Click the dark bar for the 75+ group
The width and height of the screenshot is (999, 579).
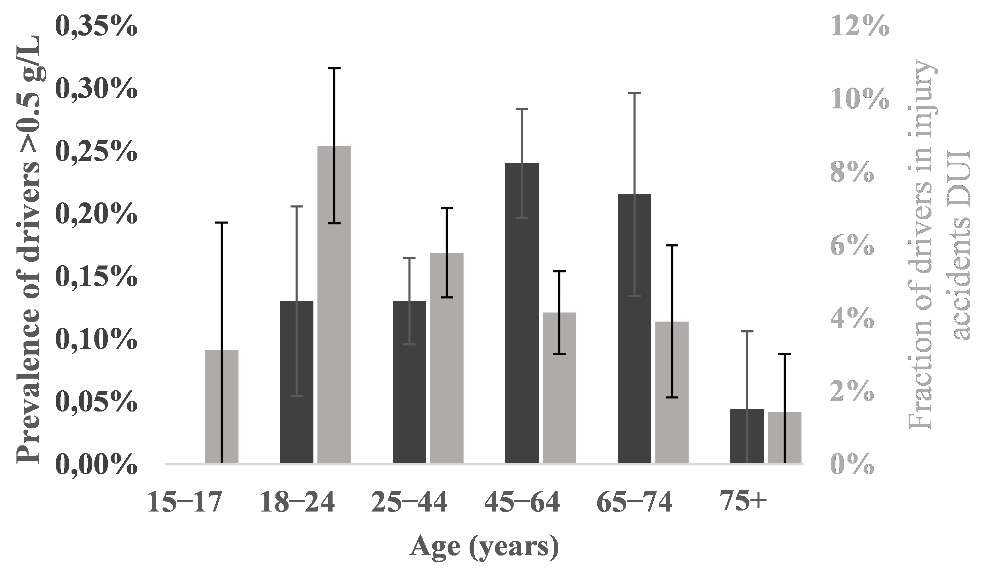coord(747,436)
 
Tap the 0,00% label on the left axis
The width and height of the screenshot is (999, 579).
coord(97,465)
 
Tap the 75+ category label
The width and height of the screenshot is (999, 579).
coord(744,502)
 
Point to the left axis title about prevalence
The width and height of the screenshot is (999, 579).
coord(29,249)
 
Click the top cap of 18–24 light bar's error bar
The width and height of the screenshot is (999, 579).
coord(334,68)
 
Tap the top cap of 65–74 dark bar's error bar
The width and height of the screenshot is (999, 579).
coord(634,93)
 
